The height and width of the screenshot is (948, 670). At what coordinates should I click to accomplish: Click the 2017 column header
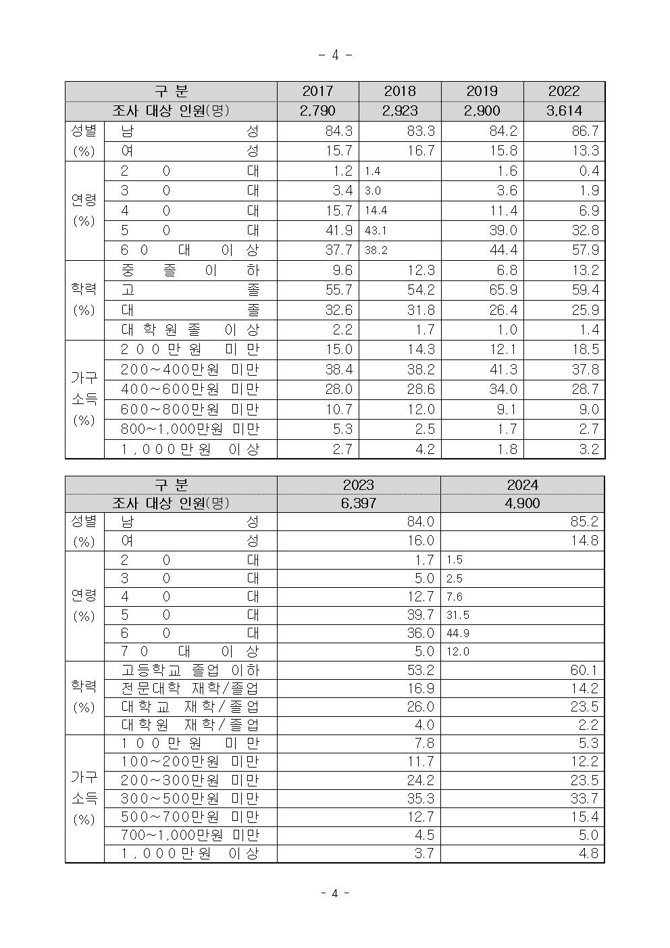click(317, 91)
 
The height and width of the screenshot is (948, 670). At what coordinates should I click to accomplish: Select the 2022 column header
click(564, 91)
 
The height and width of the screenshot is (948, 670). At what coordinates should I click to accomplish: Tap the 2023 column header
click(358, 485)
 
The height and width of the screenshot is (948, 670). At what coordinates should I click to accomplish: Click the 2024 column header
click(522, 485)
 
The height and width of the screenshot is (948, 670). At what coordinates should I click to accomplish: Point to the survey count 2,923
click(400, 111)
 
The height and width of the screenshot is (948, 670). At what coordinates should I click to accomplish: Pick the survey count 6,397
click(358, 503)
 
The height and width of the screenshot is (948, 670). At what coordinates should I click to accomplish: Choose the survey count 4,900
click(522, 503)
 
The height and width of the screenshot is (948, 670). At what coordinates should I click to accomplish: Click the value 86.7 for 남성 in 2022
click(585, 131)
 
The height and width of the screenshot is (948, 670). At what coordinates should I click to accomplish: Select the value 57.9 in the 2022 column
click(585, 250)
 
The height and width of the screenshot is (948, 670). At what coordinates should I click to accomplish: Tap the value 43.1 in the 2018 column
click(376, 230)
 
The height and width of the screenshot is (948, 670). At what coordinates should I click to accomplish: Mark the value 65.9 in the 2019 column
click(503, 290)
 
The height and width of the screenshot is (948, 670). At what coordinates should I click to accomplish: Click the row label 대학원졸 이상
click(190, 330)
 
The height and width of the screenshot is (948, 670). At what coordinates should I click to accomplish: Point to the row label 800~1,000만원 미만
click(190, 429)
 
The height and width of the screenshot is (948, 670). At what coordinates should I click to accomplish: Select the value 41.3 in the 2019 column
click(503, 370)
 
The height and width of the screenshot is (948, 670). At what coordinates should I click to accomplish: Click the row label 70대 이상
click(190, 651)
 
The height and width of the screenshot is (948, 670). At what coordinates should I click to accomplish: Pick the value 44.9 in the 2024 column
click(458, 633)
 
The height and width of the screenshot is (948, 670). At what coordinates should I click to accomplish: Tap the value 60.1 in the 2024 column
click(584, 670)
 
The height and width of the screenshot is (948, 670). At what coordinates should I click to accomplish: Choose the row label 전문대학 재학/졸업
click(190, 689)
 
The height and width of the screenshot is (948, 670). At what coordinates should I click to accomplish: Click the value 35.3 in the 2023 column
click(420, 799)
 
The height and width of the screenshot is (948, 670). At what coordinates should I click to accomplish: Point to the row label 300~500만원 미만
click(190, 799)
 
